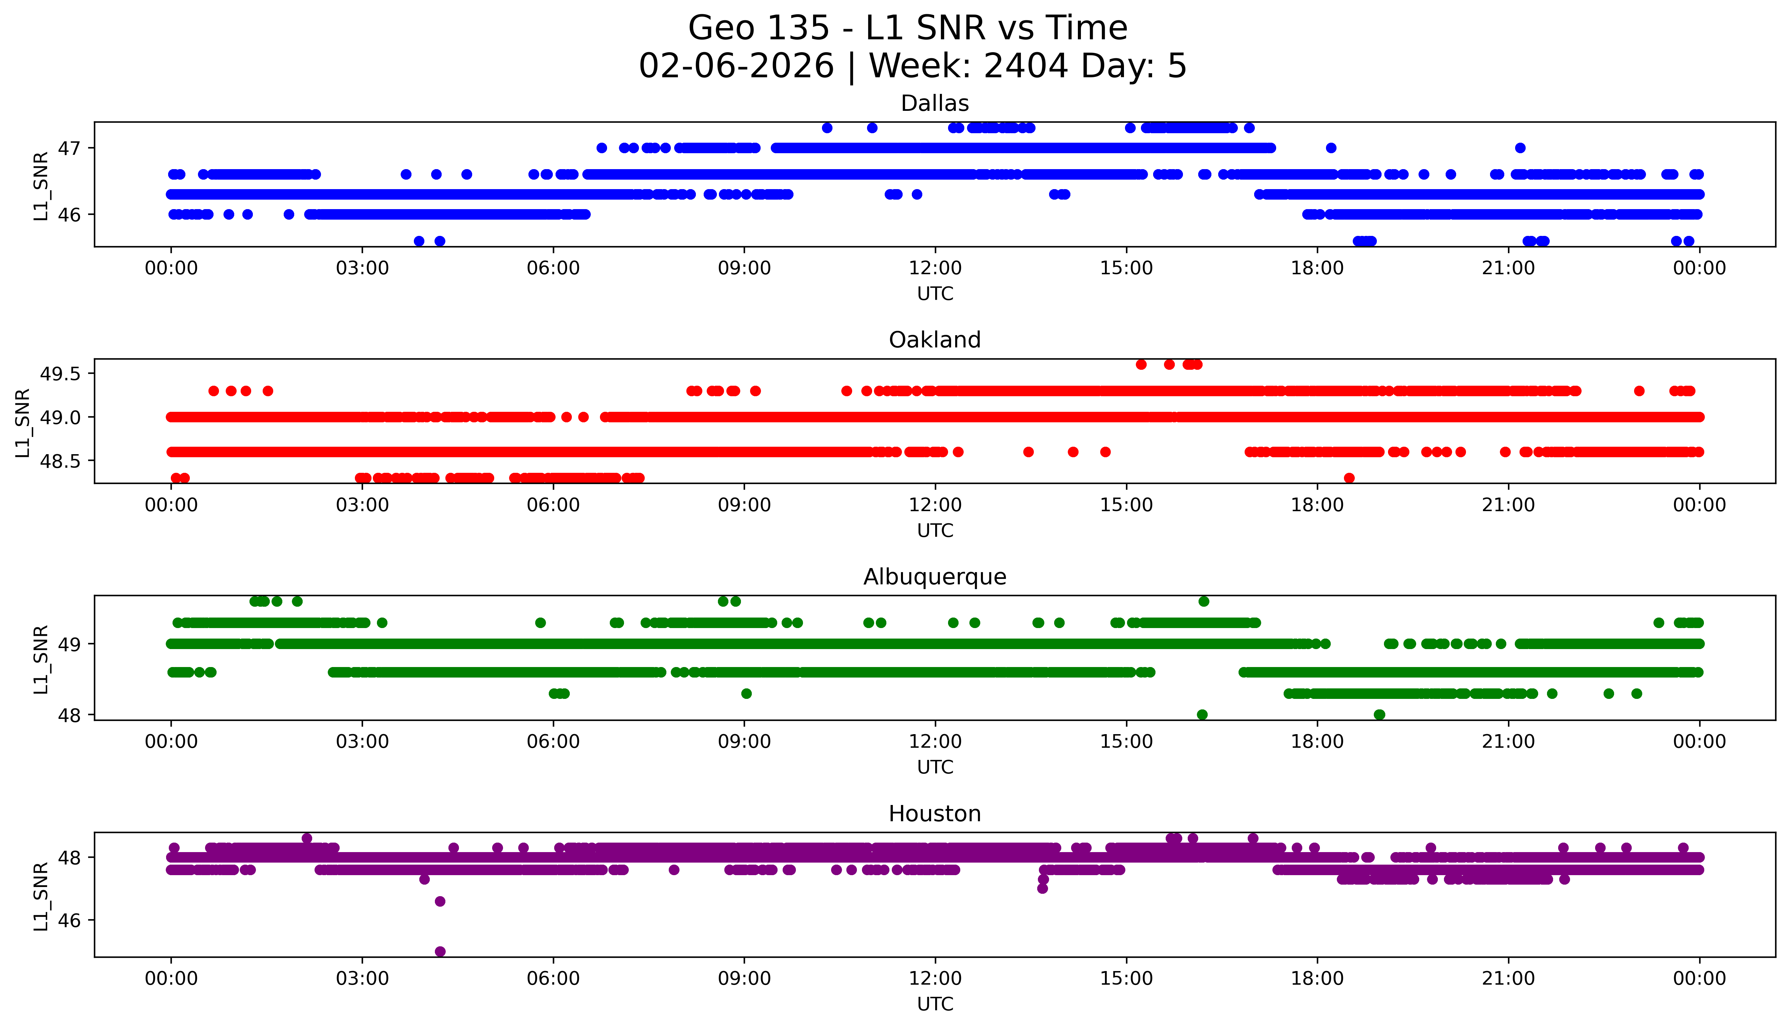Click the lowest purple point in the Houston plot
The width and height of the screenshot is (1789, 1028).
click(x=440, y=951)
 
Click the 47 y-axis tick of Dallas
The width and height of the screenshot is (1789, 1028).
click(x=70, y=148)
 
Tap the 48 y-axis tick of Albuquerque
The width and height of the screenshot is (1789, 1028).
click(x=70, y=715)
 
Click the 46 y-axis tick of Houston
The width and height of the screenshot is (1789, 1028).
click(x=70, y=921)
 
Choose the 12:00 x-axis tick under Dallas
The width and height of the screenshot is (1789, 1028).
click(x=935, y=268)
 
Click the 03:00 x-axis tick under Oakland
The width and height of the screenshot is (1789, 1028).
click(x=362, y=505)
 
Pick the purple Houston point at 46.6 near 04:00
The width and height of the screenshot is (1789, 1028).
click(x=440, y=901)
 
